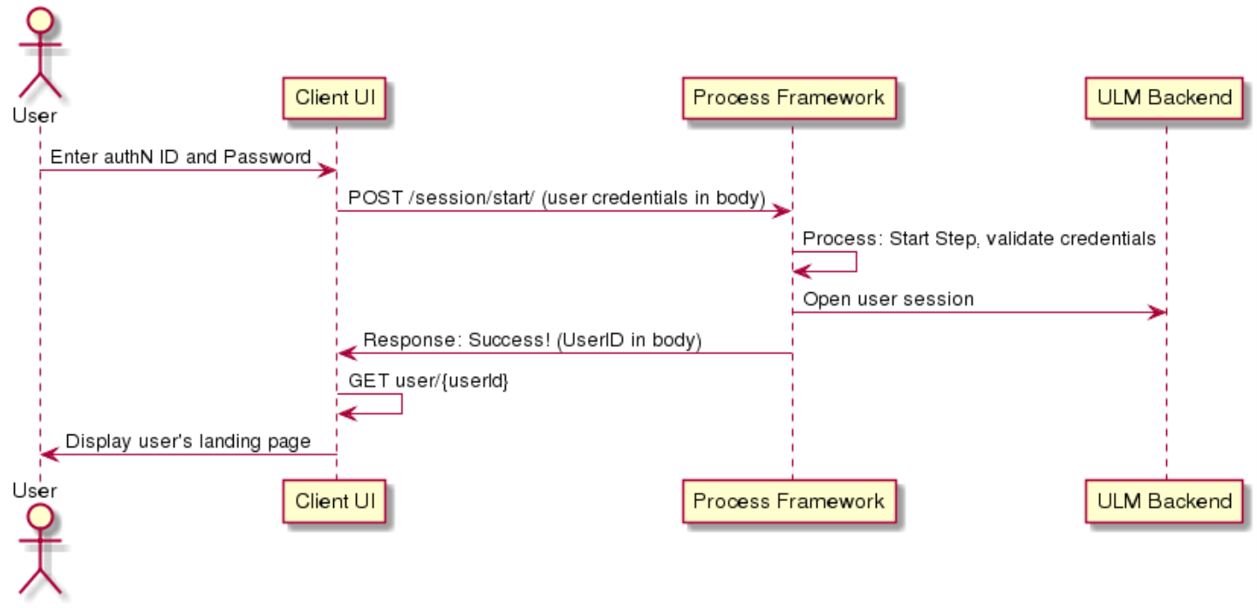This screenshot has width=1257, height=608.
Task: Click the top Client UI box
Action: pos(334,99)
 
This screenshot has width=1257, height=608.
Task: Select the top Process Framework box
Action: pos(789,99)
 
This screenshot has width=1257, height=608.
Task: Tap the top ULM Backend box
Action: pos(1165,99)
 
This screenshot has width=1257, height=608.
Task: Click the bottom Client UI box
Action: pos(334,502)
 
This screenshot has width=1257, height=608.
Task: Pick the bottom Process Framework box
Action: pos(789,502)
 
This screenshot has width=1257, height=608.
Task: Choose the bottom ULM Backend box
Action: pos(1165,502)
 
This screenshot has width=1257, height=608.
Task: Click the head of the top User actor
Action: pos(40,20)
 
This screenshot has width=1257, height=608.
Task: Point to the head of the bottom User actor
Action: pos(40,517)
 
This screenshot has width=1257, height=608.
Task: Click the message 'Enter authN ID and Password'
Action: pos(181,157)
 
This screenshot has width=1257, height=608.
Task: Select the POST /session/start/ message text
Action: pos(557,198)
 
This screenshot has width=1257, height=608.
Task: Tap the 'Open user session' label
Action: pos(888,299)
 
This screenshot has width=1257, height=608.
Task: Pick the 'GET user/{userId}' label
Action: pos(428,380)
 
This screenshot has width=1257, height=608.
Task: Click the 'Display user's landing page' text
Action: pos(188,441)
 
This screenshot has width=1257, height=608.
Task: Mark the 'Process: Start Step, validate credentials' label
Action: pos(980,239)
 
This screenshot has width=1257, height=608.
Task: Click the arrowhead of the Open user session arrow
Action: pos(1158,312)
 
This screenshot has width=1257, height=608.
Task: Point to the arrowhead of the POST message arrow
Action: pos(782,211)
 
